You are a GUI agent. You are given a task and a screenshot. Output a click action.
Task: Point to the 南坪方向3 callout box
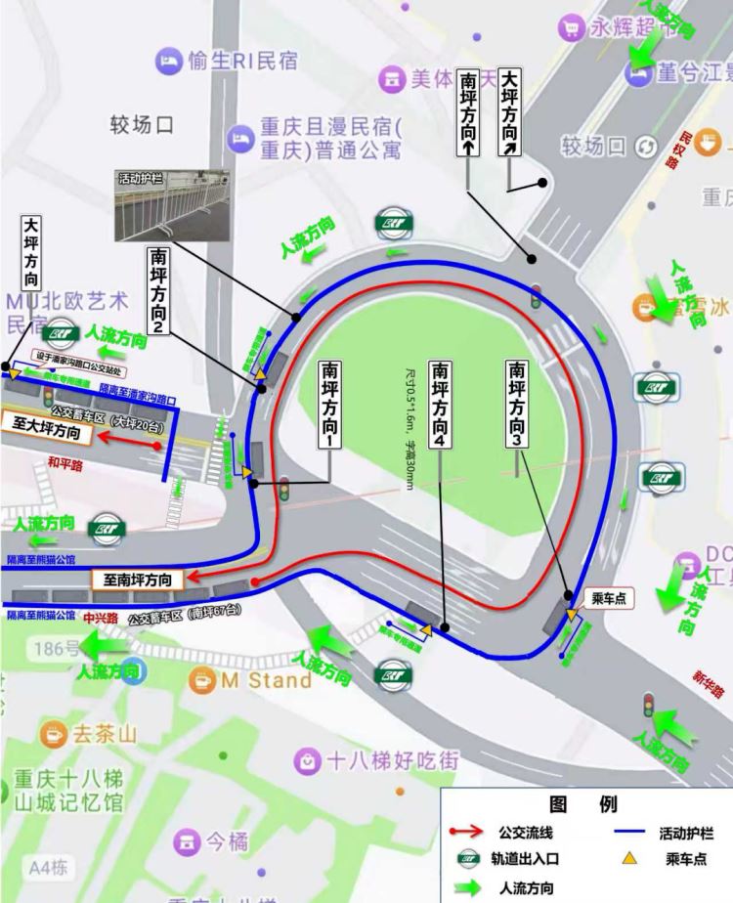click(517, 403)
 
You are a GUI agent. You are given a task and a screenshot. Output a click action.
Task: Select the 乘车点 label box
click(609, 598)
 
